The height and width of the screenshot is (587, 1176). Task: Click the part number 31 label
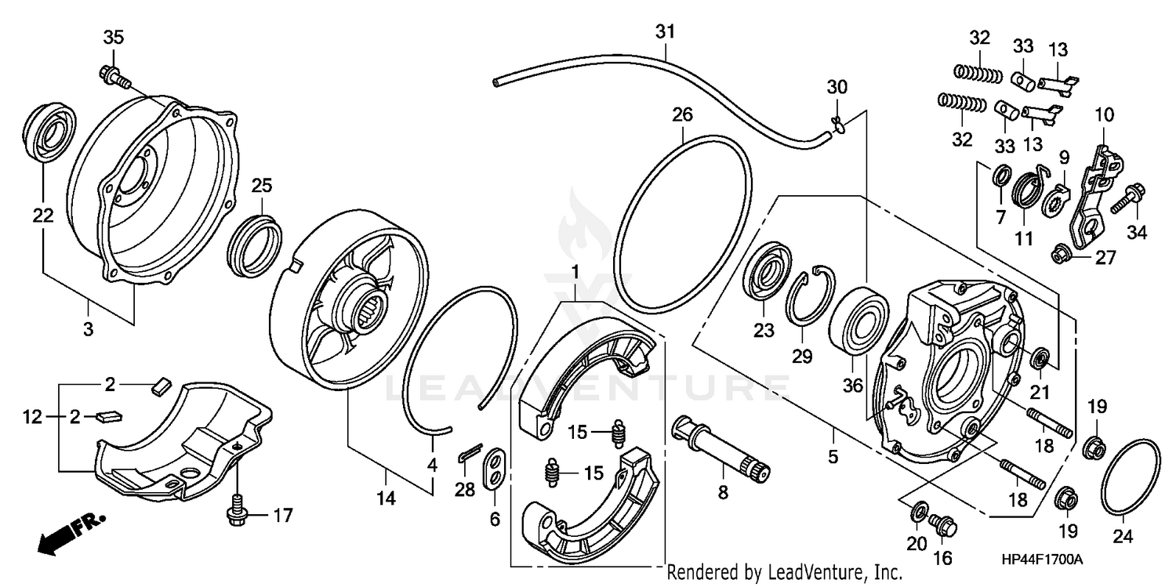tap(665, 32)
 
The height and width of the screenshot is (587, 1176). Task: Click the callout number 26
tap(682, 115)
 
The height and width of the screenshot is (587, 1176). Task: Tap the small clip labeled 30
tap(837, 121)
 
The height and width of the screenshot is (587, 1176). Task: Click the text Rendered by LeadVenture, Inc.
tap(784, 572)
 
